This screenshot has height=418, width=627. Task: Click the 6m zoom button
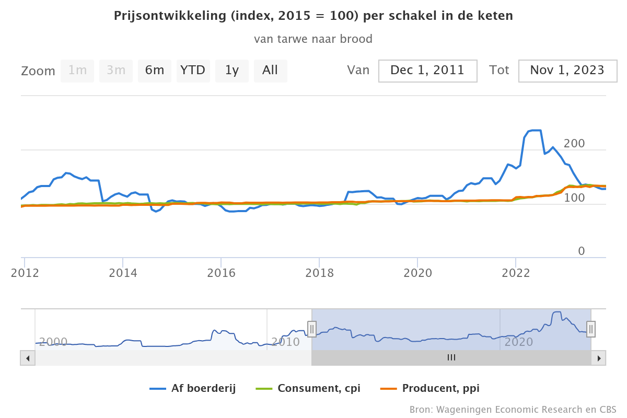pyautogui.click(x=155, y=71)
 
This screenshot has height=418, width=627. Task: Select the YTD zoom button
pyautogui.click(x=193, y=71)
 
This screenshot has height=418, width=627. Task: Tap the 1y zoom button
pyautogui.click(x=231, y=71)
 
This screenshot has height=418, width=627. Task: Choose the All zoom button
pyautogui.click(x=270, y=71)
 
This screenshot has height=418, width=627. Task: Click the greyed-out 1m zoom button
pyautogui.click(x=77, y=71)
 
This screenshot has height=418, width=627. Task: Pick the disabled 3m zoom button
pyautogui.click(x=116, y=71)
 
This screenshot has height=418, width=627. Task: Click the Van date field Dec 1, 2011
pyautogui.click(x=427, y=71)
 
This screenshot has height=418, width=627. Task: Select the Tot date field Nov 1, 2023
pyautogui.click(x=567, y=71)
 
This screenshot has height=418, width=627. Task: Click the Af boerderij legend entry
pyautogui.click(x=193, y=388)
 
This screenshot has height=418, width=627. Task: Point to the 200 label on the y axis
pyautogui.click(x=574, y=144)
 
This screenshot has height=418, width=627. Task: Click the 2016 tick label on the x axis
pyautogui.click(x=221, y=273)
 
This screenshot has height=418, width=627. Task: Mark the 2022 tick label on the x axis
pyautogui.click(x=516, y=273)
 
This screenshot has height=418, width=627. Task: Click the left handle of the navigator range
pyautogui.click(x=312, y=329)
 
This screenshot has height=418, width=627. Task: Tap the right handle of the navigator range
pyautogui.click(x=591, y=329)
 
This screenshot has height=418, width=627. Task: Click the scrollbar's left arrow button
pyautogui.click(x=28, y=358)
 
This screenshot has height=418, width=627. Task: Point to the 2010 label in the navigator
pyautogui.click(x=286, y=342)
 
